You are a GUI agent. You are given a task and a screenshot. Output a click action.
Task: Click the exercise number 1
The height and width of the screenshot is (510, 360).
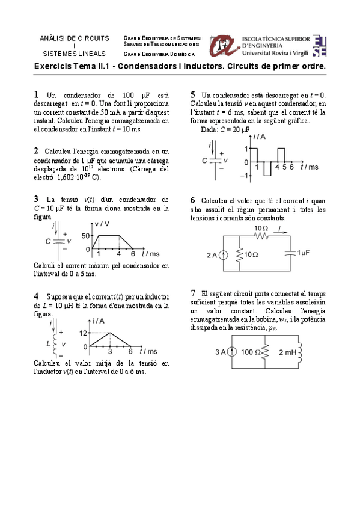(x=37, y=95)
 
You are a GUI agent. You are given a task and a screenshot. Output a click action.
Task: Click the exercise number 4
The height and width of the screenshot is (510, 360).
(x=37, y=296)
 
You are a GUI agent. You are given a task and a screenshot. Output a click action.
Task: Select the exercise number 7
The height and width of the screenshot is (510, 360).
(x=193, y=292)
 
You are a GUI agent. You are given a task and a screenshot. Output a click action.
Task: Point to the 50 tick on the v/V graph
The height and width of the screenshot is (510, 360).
(x=85, y=236)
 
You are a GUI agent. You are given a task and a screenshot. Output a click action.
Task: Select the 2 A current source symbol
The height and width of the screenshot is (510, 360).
(x=223, y=256)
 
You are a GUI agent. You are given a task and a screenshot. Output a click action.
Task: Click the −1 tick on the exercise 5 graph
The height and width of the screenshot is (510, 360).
(x=244, y=176)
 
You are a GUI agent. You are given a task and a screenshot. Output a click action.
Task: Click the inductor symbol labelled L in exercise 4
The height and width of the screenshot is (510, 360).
(x=58, y=343)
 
